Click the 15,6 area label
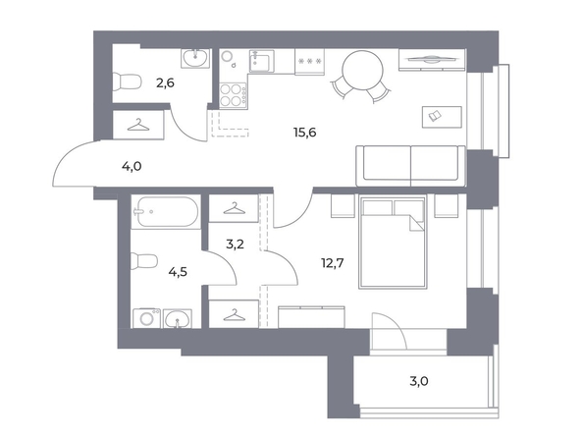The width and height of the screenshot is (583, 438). pyautogui.click(x=305, y=133)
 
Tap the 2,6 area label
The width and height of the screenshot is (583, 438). pyautogui.click(x=165, y=83)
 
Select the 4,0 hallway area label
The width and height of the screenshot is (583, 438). pyautogui.click(x=132, y=166)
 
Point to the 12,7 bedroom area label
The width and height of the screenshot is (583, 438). pyautogui.click(x=333, y=263)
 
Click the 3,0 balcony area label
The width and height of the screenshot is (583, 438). pyautogui.click(x=419, y=381)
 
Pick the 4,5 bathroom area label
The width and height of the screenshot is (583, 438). pyautogui.click(x=178, y=272)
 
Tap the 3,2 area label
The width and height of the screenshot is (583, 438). pyautogui.click(x=235, y=245)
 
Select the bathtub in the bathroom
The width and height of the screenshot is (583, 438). pyautogui.click(x=166, y=211)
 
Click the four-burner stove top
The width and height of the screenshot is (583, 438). pyautogui.click(x=233, y=96)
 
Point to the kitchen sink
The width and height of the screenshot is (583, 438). pyautogui.click(x=262, y=61)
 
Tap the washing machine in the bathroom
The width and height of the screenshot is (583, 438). pyautogui.click(x=147, y=318)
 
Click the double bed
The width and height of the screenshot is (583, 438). pyautogui.click(x=393, y=242)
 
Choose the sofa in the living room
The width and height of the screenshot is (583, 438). pyautogui.click(x=410, y=166)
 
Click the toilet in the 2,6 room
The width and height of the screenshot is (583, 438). pyautogui.click(x=127, y=82)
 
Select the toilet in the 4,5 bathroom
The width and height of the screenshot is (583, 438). pyautogui.click(x=144, y=261)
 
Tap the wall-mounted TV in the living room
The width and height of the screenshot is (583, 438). pyautogui.click(x=432, y=60)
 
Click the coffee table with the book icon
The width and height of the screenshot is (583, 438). pyautogui.click(x=442, y=117)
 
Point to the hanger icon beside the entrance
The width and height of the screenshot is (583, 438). pyautogui.click(x=138, y=125)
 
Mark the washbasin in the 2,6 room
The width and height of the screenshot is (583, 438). pyautogui.click(x=195, y=58)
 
